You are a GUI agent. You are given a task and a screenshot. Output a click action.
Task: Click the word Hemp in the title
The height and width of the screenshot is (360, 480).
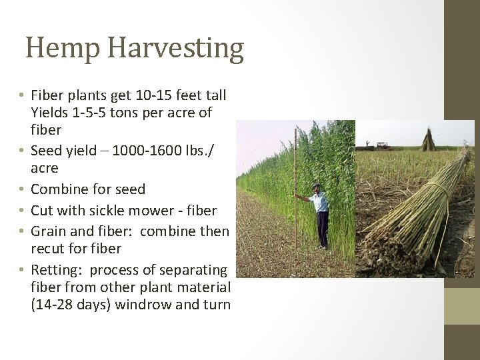pyautogui.click(x=63, y=49)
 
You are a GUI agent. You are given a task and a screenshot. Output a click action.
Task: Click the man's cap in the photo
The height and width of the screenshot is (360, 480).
pyautogui.click(x=315, y=187)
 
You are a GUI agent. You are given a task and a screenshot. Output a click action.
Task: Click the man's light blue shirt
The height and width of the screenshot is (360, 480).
pyautogui.click(x=321, y=201)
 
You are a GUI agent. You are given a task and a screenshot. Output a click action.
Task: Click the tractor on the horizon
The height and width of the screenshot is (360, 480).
pyautogui.click(x=383, y=145)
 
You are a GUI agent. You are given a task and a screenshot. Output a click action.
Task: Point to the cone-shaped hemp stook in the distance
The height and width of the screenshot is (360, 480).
pyautogui.click(x=427, y=139)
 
